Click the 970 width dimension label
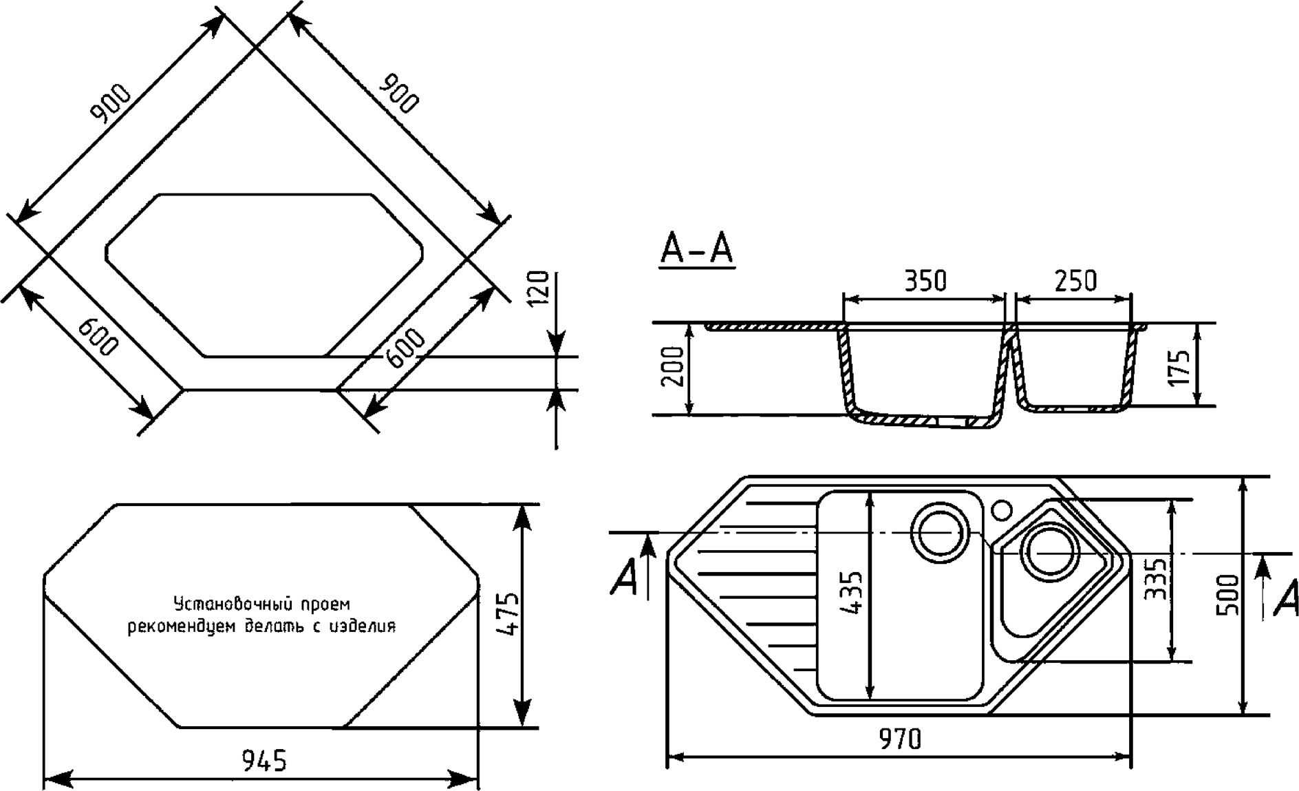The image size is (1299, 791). (899, 739)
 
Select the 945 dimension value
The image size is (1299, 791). (264, 761)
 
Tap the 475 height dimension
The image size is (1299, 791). (507, 615)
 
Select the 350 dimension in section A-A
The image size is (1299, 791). (925, 282)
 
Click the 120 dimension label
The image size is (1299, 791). (540, 288)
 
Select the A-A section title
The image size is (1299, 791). (696, 249)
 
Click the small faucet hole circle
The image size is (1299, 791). (1002, 510)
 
